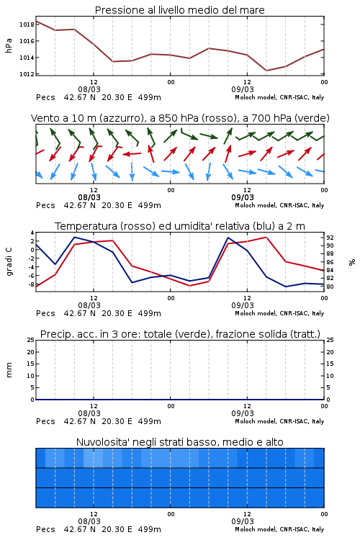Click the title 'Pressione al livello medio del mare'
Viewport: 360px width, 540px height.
click(x=179, y=10)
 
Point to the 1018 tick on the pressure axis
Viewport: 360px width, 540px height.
click(x=27, y=24)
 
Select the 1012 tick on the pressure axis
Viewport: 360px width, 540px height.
click(x=27, y=74)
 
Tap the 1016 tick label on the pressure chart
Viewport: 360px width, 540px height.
click(x=27, y=41)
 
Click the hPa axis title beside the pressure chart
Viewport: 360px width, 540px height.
click(x=9, y=45)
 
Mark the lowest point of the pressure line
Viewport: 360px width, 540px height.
click(x=266, y=71)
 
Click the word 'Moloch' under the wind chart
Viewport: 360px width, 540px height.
click(x=246, y=205)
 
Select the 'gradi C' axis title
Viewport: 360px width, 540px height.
click(x=9, y=261)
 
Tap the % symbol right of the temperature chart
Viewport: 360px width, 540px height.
click(x=352, y=262)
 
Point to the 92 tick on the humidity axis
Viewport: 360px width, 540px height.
click(x=330, y=238)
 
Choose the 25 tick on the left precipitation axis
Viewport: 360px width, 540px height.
click(x=31, y=340)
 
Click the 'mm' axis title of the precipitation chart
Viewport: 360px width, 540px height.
click(x=9, y=369)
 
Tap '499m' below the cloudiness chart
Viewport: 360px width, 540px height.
click(x=150, y=529)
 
